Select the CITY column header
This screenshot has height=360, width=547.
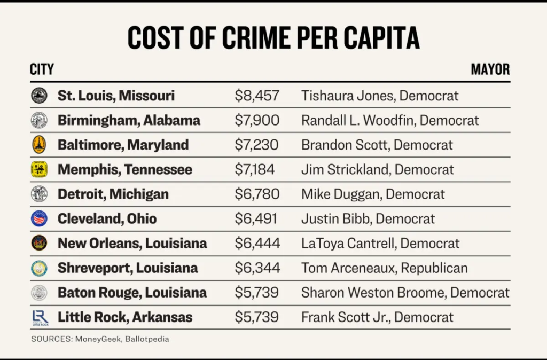pos(42,69)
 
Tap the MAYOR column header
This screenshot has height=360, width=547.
pos(490,69)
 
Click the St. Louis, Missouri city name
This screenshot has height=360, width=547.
pos(116,96)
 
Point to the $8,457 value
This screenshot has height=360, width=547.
pos(257,96)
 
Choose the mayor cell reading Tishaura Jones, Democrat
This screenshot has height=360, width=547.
pos(380,96)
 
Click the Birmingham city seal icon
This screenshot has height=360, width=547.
pos(39,120)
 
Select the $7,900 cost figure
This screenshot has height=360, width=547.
pos(257,120)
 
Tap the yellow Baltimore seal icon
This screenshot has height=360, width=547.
pos(39,145)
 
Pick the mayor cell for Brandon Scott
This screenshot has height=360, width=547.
pos(377,145)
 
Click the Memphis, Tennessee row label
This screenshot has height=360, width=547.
pos(125,169)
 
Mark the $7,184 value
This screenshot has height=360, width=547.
pos(255,169)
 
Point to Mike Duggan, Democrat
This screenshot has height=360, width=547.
pos(373,194)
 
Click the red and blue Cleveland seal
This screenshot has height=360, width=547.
pos(39,218)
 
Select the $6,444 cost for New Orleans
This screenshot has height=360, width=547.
pos(257,244)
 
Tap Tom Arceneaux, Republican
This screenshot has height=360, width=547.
pos(384,268)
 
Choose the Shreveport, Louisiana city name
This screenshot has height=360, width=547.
pos(128,268)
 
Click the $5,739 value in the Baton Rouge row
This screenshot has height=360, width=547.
pos(256,293)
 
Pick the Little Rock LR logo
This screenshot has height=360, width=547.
pos(40,317)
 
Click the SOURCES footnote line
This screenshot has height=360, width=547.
pos(100,339)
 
